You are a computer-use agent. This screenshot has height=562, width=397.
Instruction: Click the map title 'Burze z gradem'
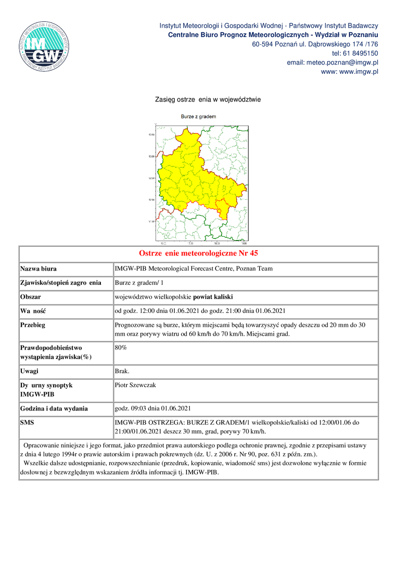[198, 117]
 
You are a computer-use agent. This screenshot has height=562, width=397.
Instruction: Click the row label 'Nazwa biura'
[38, 269]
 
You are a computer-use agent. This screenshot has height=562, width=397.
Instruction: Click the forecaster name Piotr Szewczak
[135, 385]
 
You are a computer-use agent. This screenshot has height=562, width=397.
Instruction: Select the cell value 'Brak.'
[122, 371]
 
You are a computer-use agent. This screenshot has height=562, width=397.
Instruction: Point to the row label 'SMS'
[27, 423]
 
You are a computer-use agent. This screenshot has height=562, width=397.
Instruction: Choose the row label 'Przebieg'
[32, 325]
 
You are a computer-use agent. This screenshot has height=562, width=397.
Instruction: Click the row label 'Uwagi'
[29, 371]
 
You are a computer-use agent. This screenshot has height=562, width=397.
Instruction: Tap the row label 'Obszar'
[30, 297]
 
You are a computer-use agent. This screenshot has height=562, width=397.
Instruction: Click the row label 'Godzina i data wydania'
[54, 408]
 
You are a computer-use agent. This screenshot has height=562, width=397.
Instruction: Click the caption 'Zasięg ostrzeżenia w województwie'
[208, 99]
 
